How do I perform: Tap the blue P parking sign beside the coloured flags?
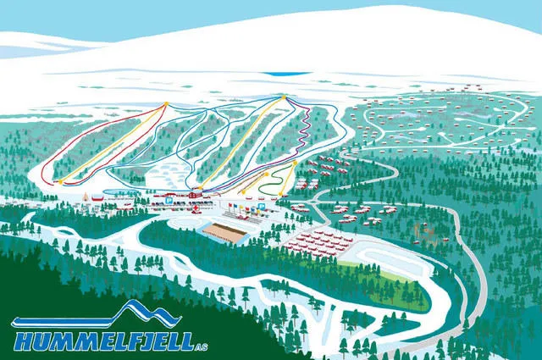tap(262, 207)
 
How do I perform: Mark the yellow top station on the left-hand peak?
tap(166, 104)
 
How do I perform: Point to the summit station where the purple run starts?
tap(283, 98)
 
